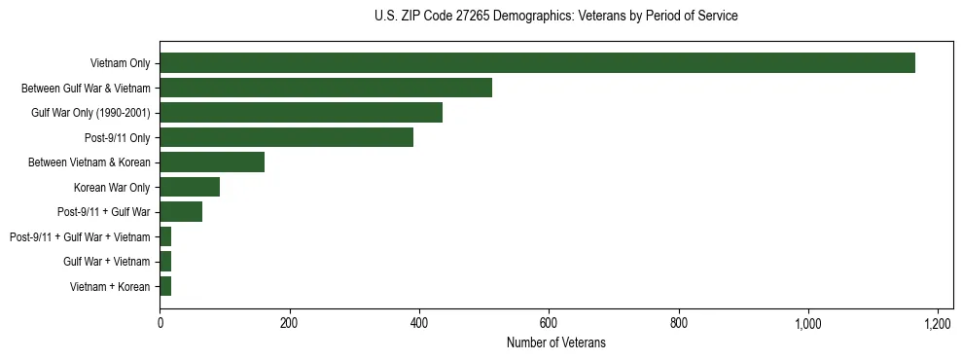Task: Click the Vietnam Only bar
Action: (537, 63)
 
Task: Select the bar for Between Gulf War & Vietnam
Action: (326, 88)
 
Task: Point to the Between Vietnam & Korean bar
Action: (212, 162)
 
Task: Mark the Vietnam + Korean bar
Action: (165, 286)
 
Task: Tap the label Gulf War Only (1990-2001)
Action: (90, 113)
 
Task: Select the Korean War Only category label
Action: (112, 188)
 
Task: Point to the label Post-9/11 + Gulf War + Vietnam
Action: (80, 236)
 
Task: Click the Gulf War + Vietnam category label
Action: (107, 262)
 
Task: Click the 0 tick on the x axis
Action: (160, 322)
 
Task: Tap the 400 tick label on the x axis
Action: (419, 322)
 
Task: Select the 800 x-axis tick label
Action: (679, 322)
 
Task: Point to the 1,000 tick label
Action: (808, 322)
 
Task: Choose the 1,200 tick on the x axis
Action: (938, 322)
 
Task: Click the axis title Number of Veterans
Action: (555, 342)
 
